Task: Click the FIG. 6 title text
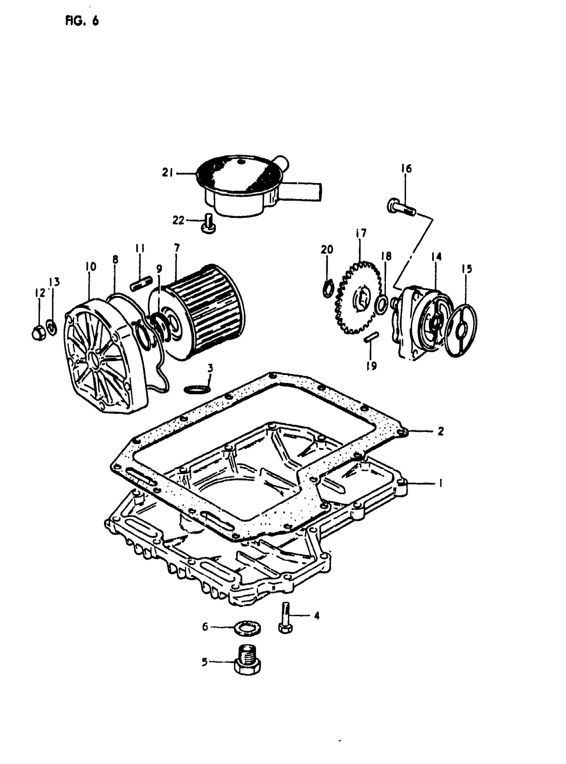click(82, 21)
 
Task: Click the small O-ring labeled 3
click(197, 389)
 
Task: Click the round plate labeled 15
click(462, 331)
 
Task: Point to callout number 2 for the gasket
click(440, 431)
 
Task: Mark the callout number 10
click(91, 267)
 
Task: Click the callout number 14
click(436, 257)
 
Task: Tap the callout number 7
click(176, 247)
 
